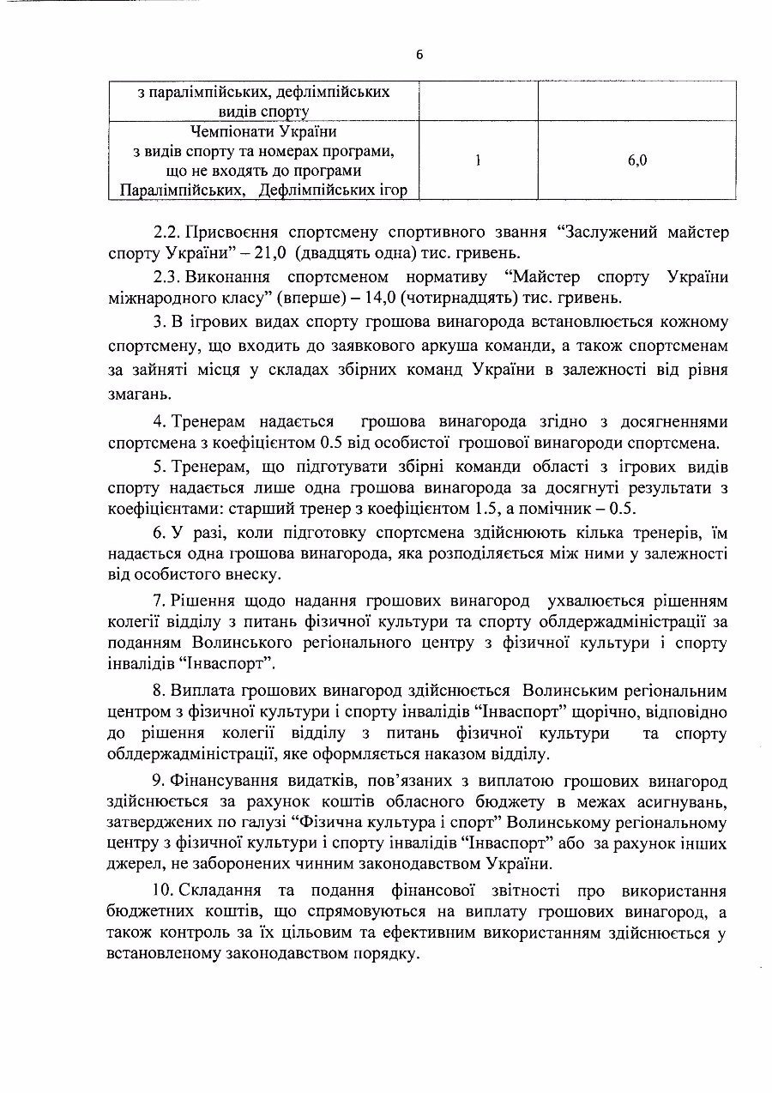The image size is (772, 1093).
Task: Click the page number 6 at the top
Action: (419, 54)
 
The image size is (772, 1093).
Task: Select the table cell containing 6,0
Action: (636, 160)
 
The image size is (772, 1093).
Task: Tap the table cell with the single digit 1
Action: (478, 160)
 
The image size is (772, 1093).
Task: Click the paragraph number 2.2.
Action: (166, 233)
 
